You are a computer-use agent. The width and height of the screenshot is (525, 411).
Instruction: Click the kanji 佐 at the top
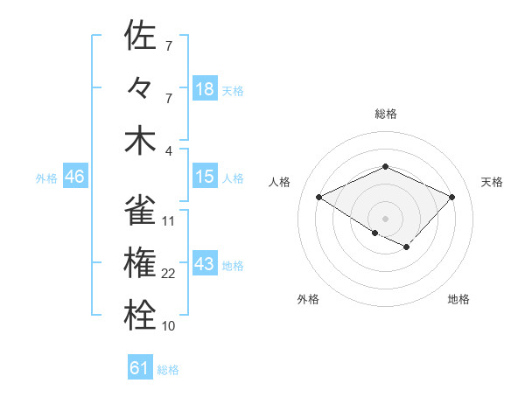point(140,36)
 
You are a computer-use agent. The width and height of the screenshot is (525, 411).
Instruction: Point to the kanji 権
point(140,263)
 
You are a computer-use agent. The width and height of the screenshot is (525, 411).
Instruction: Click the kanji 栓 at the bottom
point(140,316)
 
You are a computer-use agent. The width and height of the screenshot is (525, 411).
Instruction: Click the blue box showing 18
point(205,88)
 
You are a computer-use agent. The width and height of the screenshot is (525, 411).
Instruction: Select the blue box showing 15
point(205,177)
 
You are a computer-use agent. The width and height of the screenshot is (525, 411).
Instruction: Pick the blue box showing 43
point(205,264)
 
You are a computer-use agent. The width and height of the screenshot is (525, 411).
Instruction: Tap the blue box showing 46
point(74,177)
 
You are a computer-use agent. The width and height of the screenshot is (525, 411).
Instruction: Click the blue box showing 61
point(140,368)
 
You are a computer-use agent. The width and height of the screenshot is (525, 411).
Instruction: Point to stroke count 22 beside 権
point(169,274)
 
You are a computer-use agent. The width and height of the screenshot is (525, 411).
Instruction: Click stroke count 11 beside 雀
point(169,221)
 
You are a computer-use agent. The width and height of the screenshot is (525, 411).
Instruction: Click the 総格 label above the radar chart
point(385,114)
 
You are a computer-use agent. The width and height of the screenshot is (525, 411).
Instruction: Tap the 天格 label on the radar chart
point(492,182)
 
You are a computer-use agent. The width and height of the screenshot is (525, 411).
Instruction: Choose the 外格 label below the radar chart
point(308,299)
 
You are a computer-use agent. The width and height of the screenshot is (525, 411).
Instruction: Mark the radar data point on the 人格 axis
point(319,198)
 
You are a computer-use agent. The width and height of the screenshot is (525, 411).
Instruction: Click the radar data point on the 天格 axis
point(451,197)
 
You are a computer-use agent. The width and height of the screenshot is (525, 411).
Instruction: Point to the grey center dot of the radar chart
point(385,218)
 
